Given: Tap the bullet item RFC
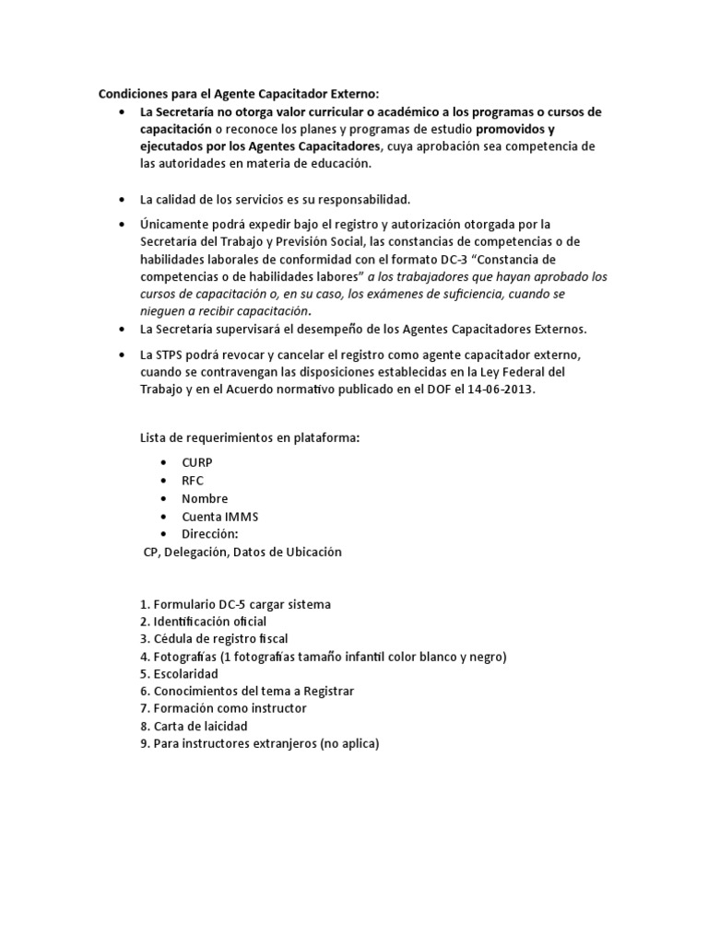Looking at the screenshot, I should (x=193, y=481).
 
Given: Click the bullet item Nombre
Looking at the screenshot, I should (x=205, y=498).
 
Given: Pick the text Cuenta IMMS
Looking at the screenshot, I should (x=219, y=517).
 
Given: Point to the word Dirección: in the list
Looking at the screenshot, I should (x=209, y=534).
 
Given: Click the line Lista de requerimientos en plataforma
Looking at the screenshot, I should (x=249, y=437).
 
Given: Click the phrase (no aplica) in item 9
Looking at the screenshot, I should (x=349, y=744).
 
